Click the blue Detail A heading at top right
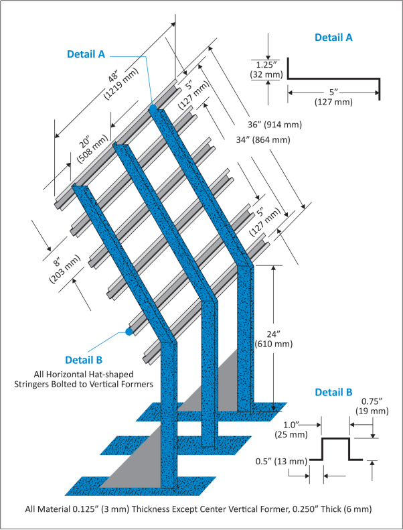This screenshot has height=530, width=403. point(333,38)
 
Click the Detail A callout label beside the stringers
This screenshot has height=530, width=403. point(86,54)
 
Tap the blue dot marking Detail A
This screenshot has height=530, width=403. point(153,107)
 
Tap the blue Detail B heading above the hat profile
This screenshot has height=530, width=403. point(333,392)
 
